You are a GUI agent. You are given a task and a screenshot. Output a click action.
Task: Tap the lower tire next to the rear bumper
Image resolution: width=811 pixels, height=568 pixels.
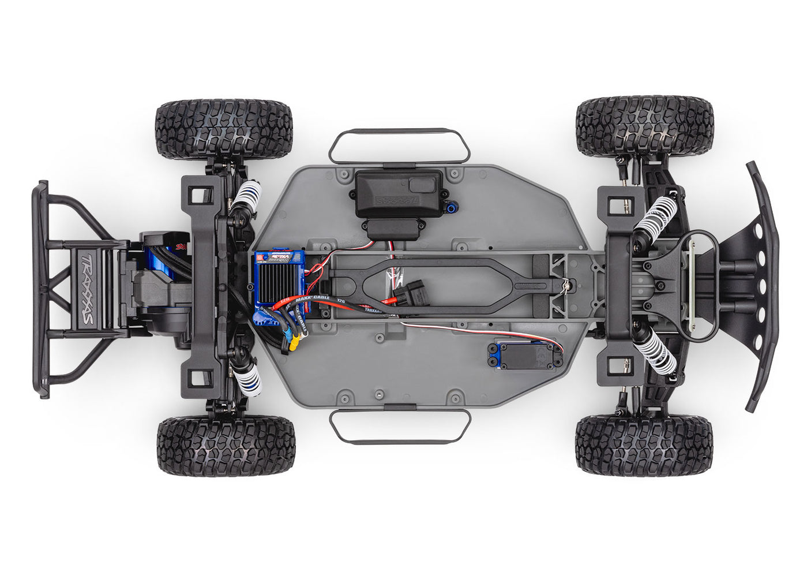pyautogui.click(x=226, y=446)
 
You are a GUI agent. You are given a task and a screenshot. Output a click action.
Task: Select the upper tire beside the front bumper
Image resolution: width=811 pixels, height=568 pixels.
pyautogui.click(x=645, y=126)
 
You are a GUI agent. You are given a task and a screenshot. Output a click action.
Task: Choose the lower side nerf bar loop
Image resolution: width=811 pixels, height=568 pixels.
pyautogui.click(x=399, y=426)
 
